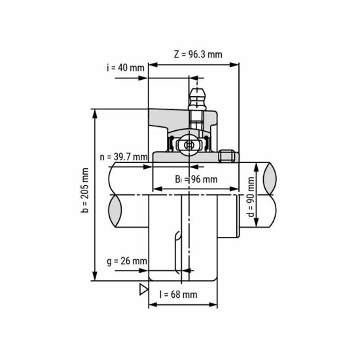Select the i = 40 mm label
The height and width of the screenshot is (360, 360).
click(x=124, y=68)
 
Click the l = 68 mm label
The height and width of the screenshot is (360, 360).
click(x=178, y=295)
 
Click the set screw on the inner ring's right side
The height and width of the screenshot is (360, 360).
click(x=226, y=156)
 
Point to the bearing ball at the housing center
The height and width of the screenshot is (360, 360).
click(x=190, y=144)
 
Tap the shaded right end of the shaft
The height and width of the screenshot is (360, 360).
click(x=269, y=177)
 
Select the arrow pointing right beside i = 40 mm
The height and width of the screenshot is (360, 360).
click(x=143, y=78)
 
